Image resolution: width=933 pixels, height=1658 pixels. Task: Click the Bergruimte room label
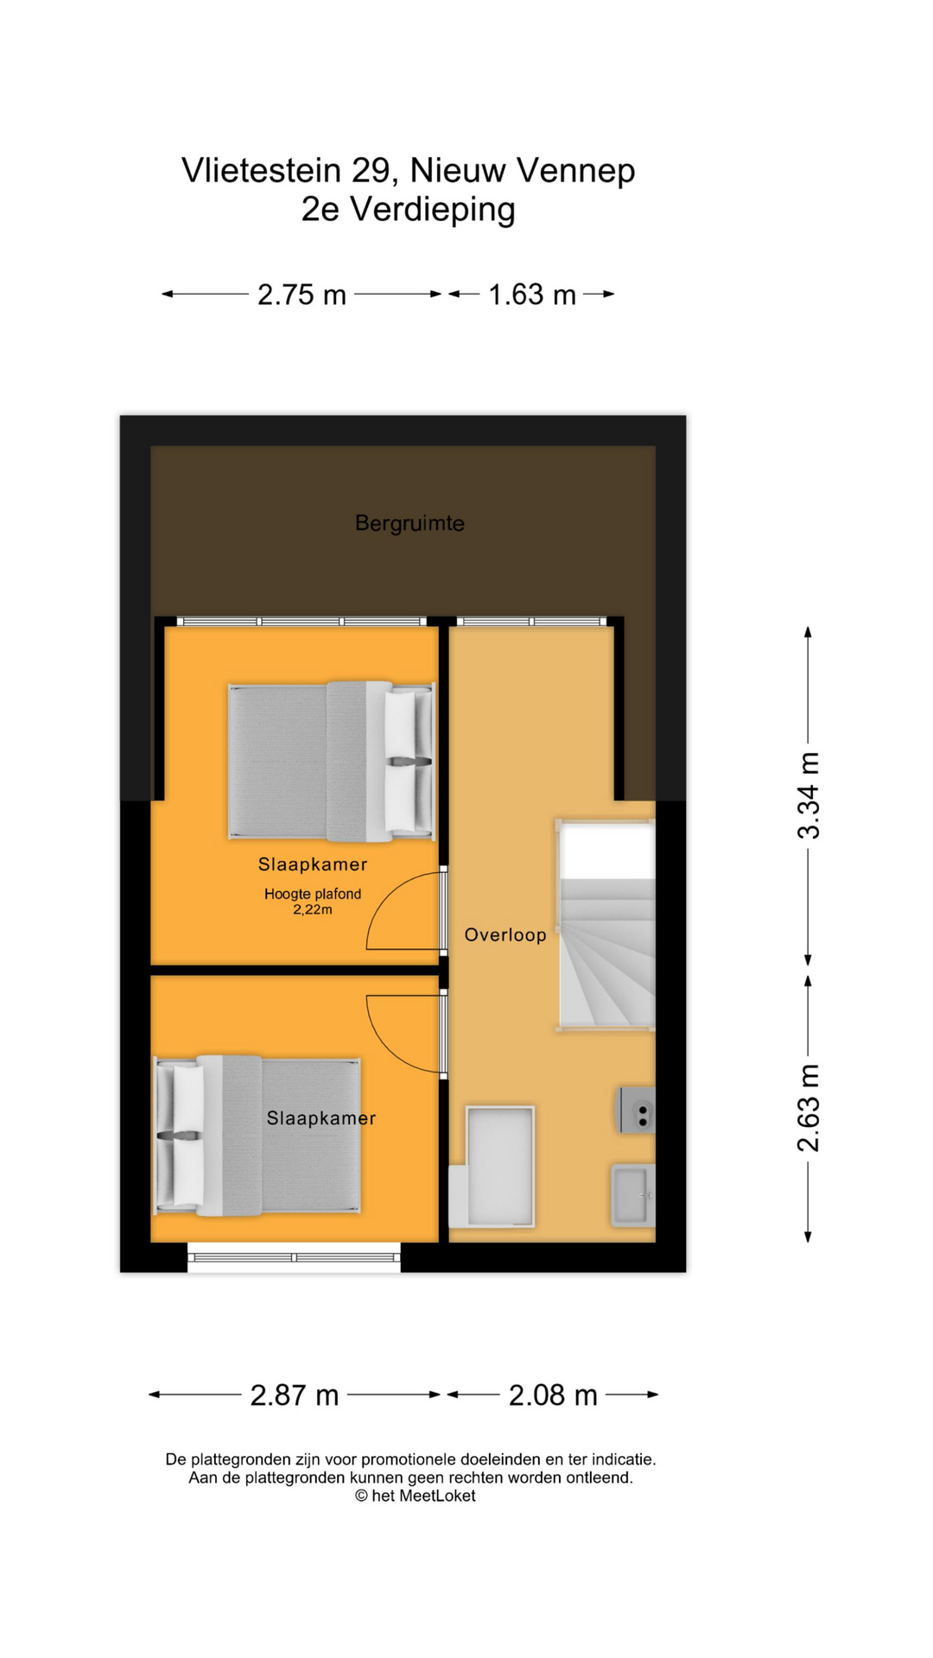409,523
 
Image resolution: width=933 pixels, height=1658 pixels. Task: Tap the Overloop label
505,934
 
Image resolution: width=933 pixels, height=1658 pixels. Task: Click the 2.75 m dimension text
301,295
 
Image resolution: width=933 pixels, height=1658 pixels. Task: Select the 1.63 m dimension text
532,295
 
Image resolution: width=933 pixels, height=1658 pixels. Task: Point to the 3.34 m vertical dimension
809,795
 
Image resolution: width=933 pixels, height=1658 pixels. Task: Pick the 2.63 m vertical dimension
809,1108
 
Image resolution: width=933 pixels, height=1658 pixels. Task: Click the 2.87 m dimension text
295,1395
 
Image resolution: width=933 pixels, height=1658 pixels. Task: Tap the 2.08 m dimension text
553,1395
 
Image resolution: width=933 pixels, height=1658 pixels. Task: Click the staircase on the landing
606,926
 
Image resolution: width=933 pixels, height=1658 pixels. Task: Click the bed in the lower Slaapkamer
257,1136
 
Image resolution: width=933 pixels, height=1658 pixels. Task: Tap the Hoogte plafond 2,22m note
313,902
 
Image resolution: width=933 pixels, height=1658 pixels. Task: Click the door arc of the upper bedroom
403,912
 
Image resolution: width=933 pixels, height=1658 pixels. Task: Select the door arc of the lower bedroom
403,1033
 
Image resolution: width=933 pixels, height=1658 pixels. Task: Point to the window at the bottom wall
294,1257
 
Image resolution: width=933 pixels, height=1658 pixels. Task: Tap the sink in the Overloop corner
633,1195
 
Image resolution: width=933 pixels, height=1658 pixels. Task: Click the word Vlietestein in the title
261,170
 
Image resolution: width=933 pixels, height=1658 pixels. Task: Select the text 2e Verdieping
408,209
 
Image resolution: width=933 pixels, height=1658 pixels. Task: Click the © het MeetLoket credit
415,1496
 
